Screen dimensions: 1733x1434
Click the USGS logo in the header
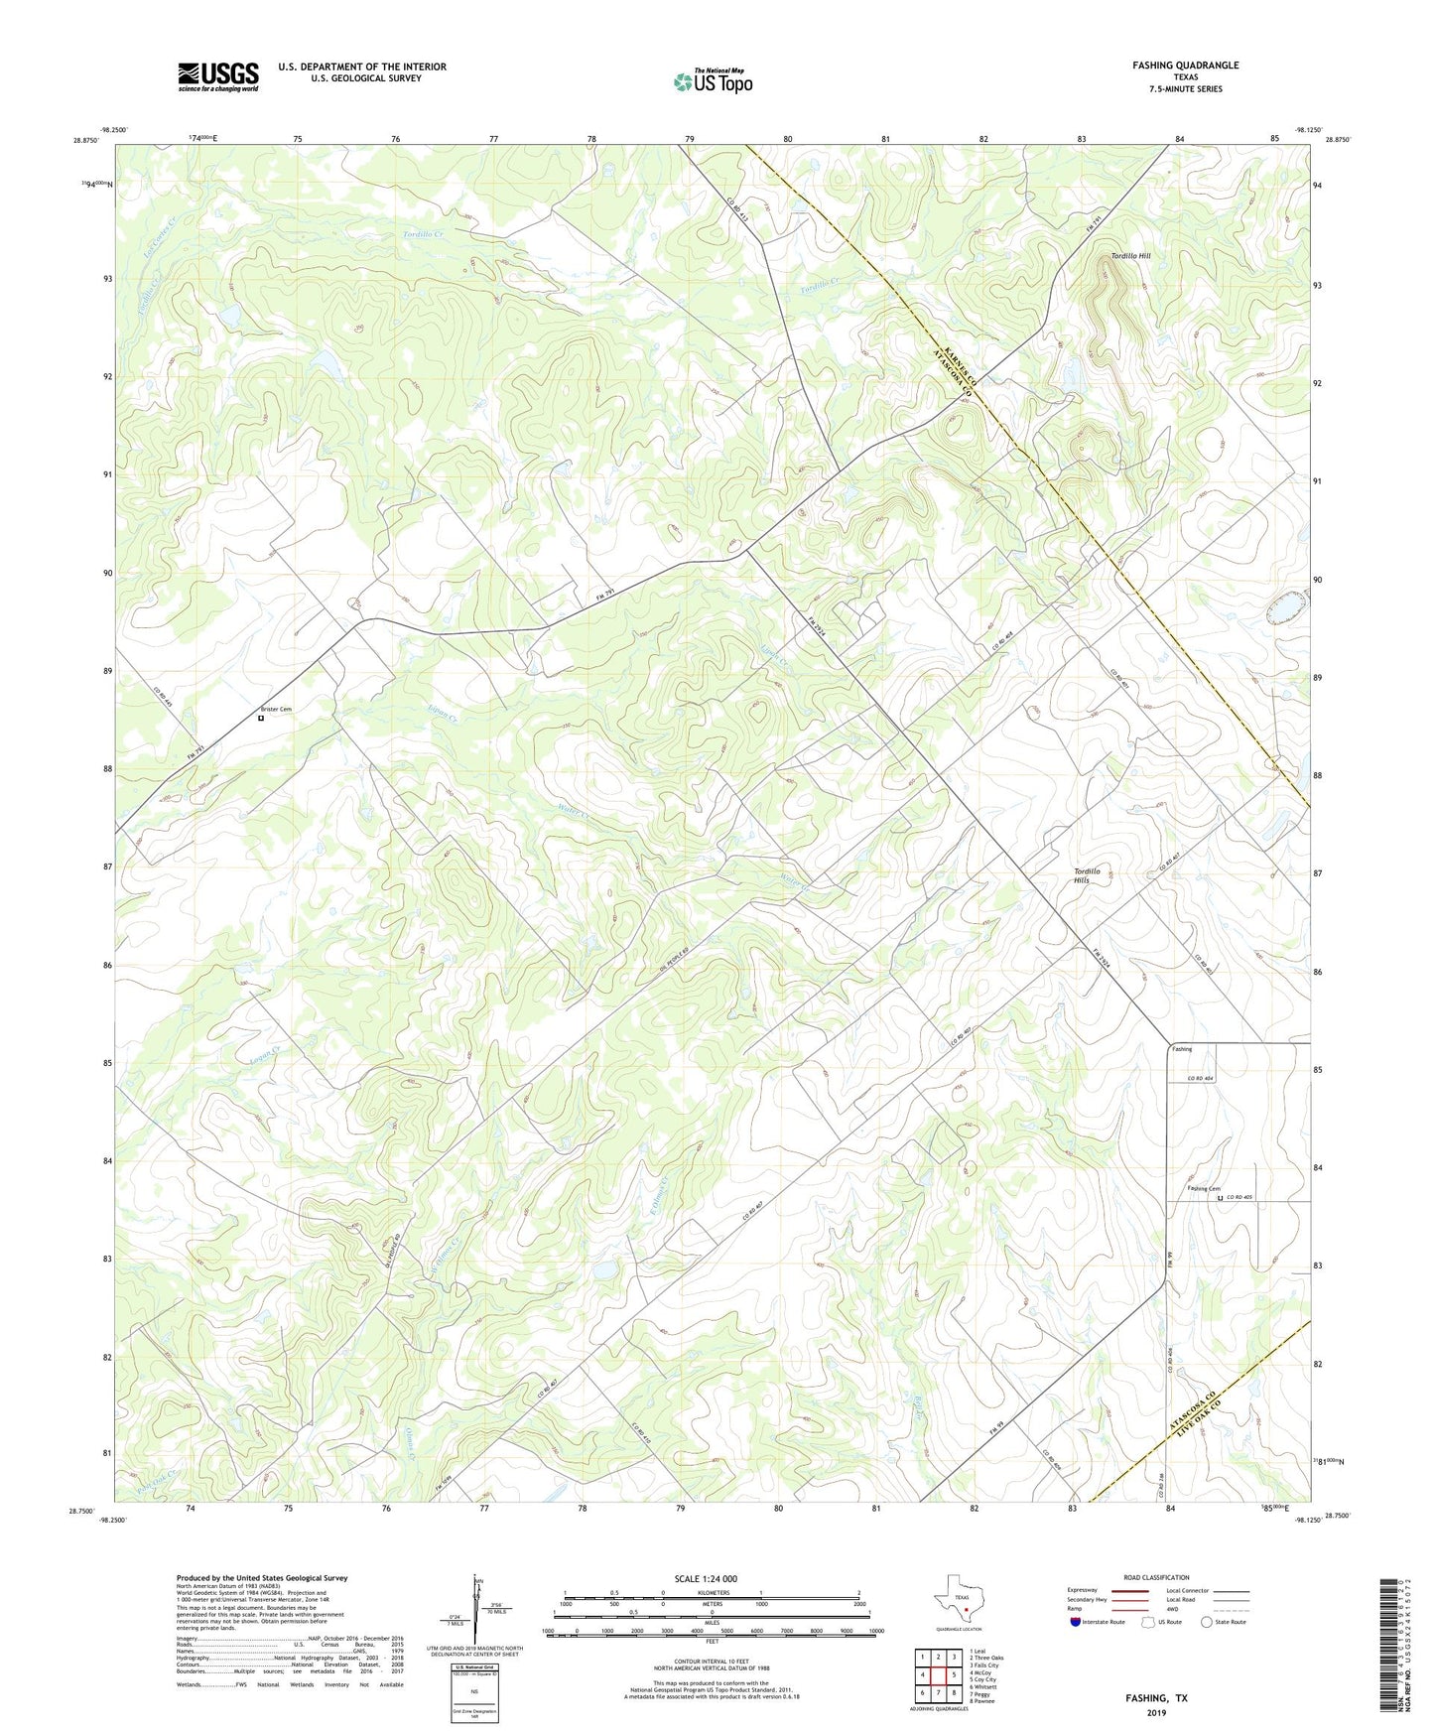click(x=218, y=76)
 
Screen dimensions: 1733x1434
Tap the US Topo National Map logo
click(x=713, y=81)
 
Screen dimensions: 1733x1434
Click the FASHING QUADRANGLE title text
click(x=1185, y=66)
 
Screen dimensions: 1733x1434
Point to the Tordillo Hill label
click(x=1130, y=256)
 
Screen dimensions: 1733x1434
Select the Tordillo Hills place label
click(x=1088, y=875)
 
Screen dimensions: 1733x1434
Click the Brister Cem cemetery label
click(x=276, y=709)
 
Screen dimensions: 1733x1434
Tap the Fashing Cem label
click(x=1204, y=1189)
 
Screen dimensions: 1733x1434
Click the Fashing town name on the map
click(x=1181, y=1049)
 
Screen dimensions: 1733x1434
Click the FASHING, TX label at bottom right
click(x=1156, y=1697)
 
